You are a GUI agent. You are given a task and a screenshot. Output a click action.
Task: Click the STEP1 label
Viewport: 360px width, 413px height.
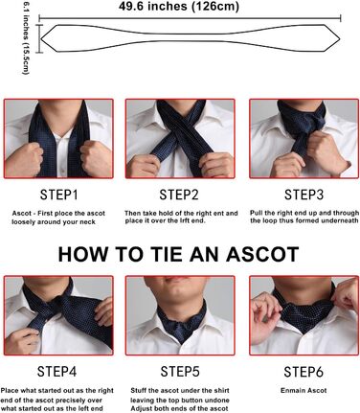(x=58, y=195)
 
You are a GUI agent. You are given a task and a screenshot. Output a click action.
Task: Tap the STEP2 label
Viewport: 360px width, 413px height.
(x=179, y=195)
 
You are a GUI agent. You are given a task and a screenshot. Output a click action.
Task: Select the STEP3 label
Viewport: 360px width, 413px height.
(x=304, y=195)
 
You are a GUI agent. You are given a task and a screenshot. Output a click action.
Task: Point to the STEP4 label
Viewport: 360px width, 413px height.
(x=56, y=372)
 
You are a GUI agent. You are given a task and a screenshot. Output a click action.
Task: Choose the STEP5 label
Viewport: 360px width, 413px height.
(x=180, y=372)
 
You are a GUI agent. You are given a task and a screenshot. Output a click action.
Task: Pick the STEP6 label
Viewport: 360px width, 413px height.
(x=304, y=372)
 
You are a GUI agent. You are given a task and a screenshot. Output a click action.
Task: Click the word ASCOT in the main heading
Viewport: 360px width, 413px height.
(x=262, y=254)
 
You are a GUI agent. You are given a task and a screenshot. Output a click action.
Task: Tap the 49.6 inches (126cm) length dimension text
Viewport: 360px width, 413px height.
(x=179, y=6)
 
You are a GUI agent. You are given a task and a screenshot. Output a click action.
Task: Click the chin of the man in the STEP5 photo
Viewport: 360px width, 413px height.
(x=179, y=293)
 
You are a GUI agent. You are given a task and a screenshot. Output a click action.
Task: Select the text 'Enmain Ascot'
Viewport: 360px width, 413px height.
(x=304, y=390)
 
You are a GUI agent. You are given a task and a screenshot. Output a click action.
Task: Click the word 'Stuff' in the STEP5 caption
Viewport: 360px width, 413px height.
(x=138, y=390)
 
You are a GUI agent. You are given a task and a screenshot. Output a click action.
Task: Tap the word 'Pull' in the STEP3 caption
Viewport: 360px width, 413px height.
(x=257, y=213)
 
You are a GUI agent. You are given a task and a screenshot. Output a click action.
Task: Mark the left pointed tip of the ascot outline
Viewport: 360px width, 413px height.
(x=41, y=38)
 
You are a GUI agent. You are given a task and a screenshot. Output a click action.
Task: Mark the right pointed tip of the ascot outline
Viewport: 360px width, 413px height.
(x=340, y=38)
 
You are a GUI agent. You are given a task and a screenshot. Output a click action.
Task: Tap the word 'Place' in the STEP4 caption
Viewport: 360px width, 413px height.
(x=9, y=390)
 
